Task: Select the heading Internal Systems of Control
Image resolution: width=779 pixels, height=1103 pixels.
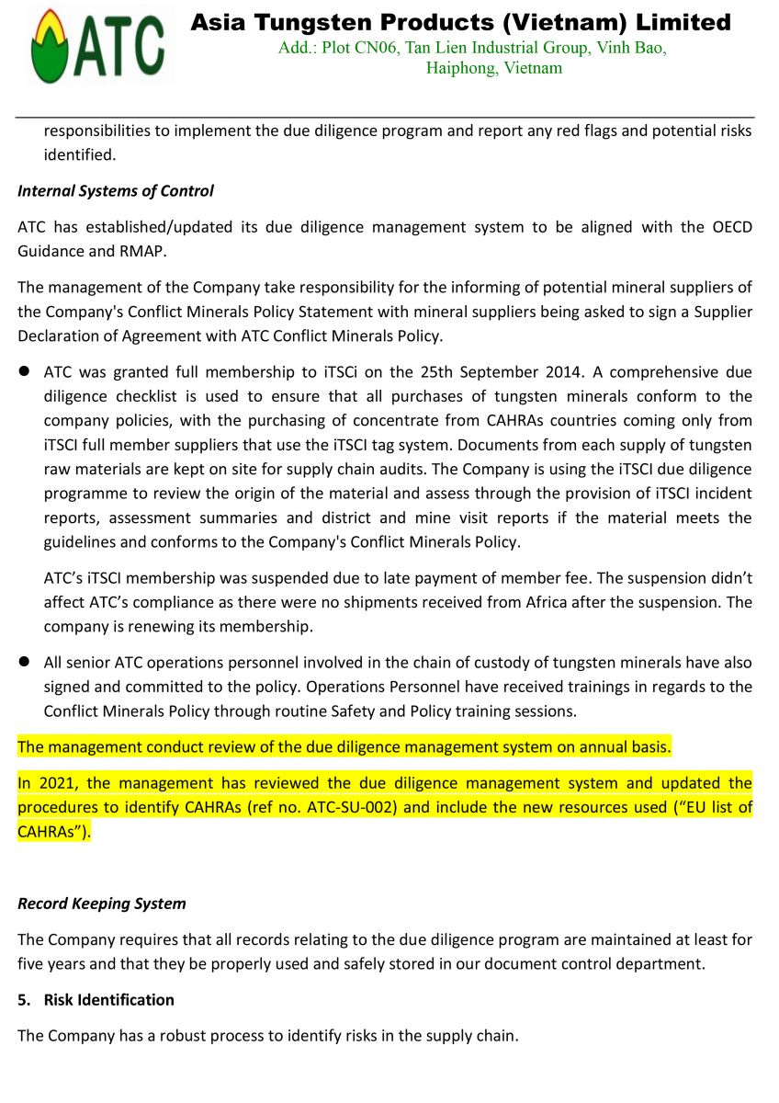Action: tap(116, 191)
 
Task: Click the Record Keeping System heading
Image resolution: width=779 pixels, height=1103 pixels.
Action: tap(102, 904)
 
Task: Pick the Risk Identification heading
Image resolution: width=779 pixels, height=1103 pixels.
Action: tap(108, 999)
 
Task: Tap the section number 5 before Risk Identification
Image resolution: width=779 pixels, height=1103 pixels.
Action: tap(22, 999)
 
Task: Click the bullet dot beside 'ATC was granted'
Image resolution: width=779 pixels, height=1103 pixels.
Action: tap(25, 372)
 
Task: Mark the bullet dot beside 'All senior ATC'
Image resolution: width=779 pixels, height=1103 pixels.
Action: tap(25, 663)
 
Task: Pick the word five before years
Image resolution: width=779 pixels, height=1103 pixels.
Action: tap(34, 963)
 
